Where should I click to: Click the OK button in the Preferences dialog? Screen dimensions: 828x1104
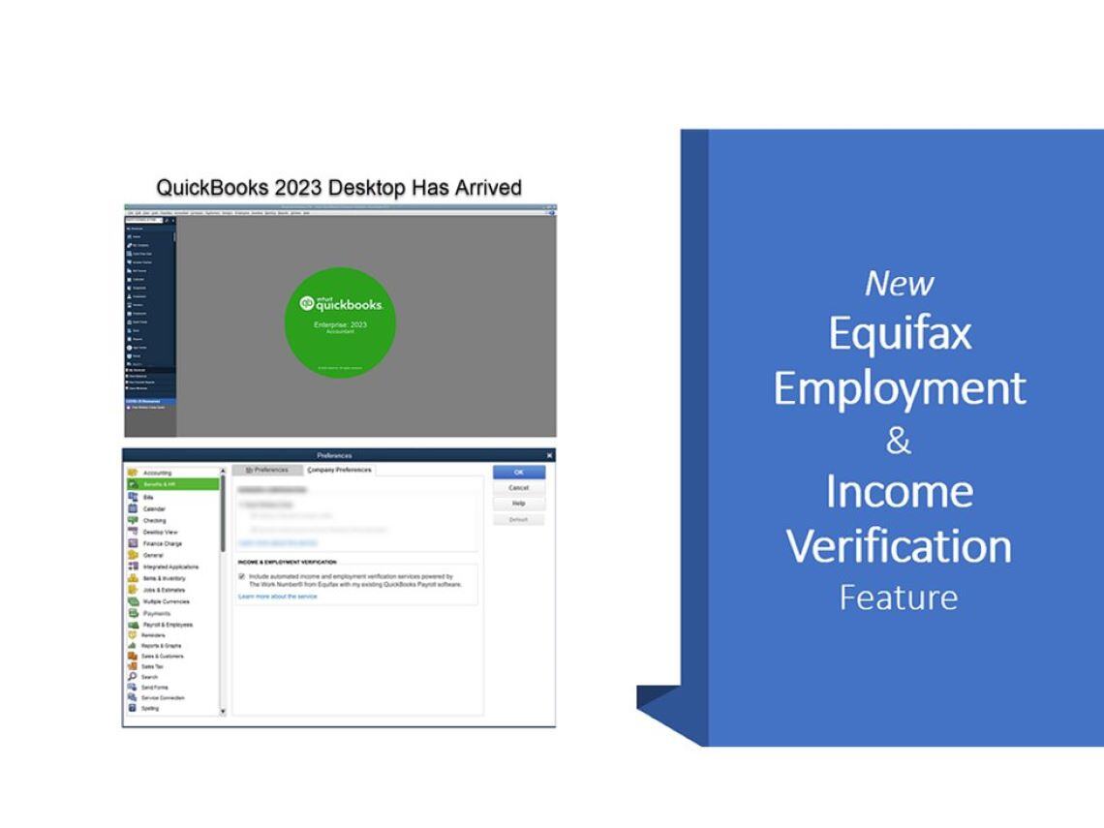[x=519, y=473]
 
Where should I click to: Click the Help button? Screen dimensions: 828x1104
[x=519, y=504]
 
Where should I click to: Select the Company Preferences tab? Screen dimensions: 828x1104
[x=339, y=470]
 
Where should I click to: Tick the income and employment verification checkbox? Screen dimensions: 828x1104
[x=241, y=576]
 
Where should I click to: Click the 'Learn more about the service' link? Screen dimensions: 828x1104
[x=277, y=597]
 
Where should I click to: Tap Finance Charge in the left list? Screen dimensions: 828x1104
[x=163, y=543]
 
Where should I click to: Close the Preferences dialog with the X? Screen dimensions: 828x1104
[x=550, y=455]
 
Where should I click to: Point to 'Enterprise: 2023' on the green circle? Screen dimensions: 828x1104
[x=340, y=324]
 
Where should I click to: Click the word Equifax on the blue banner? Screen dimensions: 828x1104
[x=900, y=334]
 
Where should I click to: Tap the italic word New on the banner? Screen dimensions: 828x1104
[x=899, y=284]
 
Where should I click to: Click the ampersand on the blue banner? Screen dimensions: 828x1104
[x=898, y=442]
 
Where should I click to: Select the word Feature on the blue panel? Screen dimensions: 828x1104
[x=898, y=598]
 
